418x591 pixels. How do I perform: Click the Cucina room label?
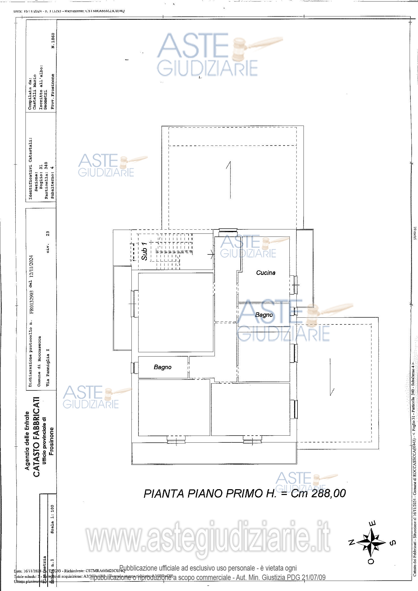click(x=266, y=273)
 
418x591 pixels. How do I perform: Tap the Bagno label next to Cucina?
click(x=264, y=315)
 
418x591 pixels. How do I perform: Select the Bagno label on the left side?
click(x=162, y=367)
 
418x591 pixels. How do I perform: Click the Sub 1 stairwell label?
click(x=144, y=251)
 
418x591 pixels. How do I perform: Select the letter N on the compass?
click(x=351, y=541)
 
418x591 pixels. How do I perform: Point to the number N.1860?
click(x=53, y=41)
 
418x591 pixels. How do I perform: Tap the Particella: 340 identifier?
click(x=46, y=180)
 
